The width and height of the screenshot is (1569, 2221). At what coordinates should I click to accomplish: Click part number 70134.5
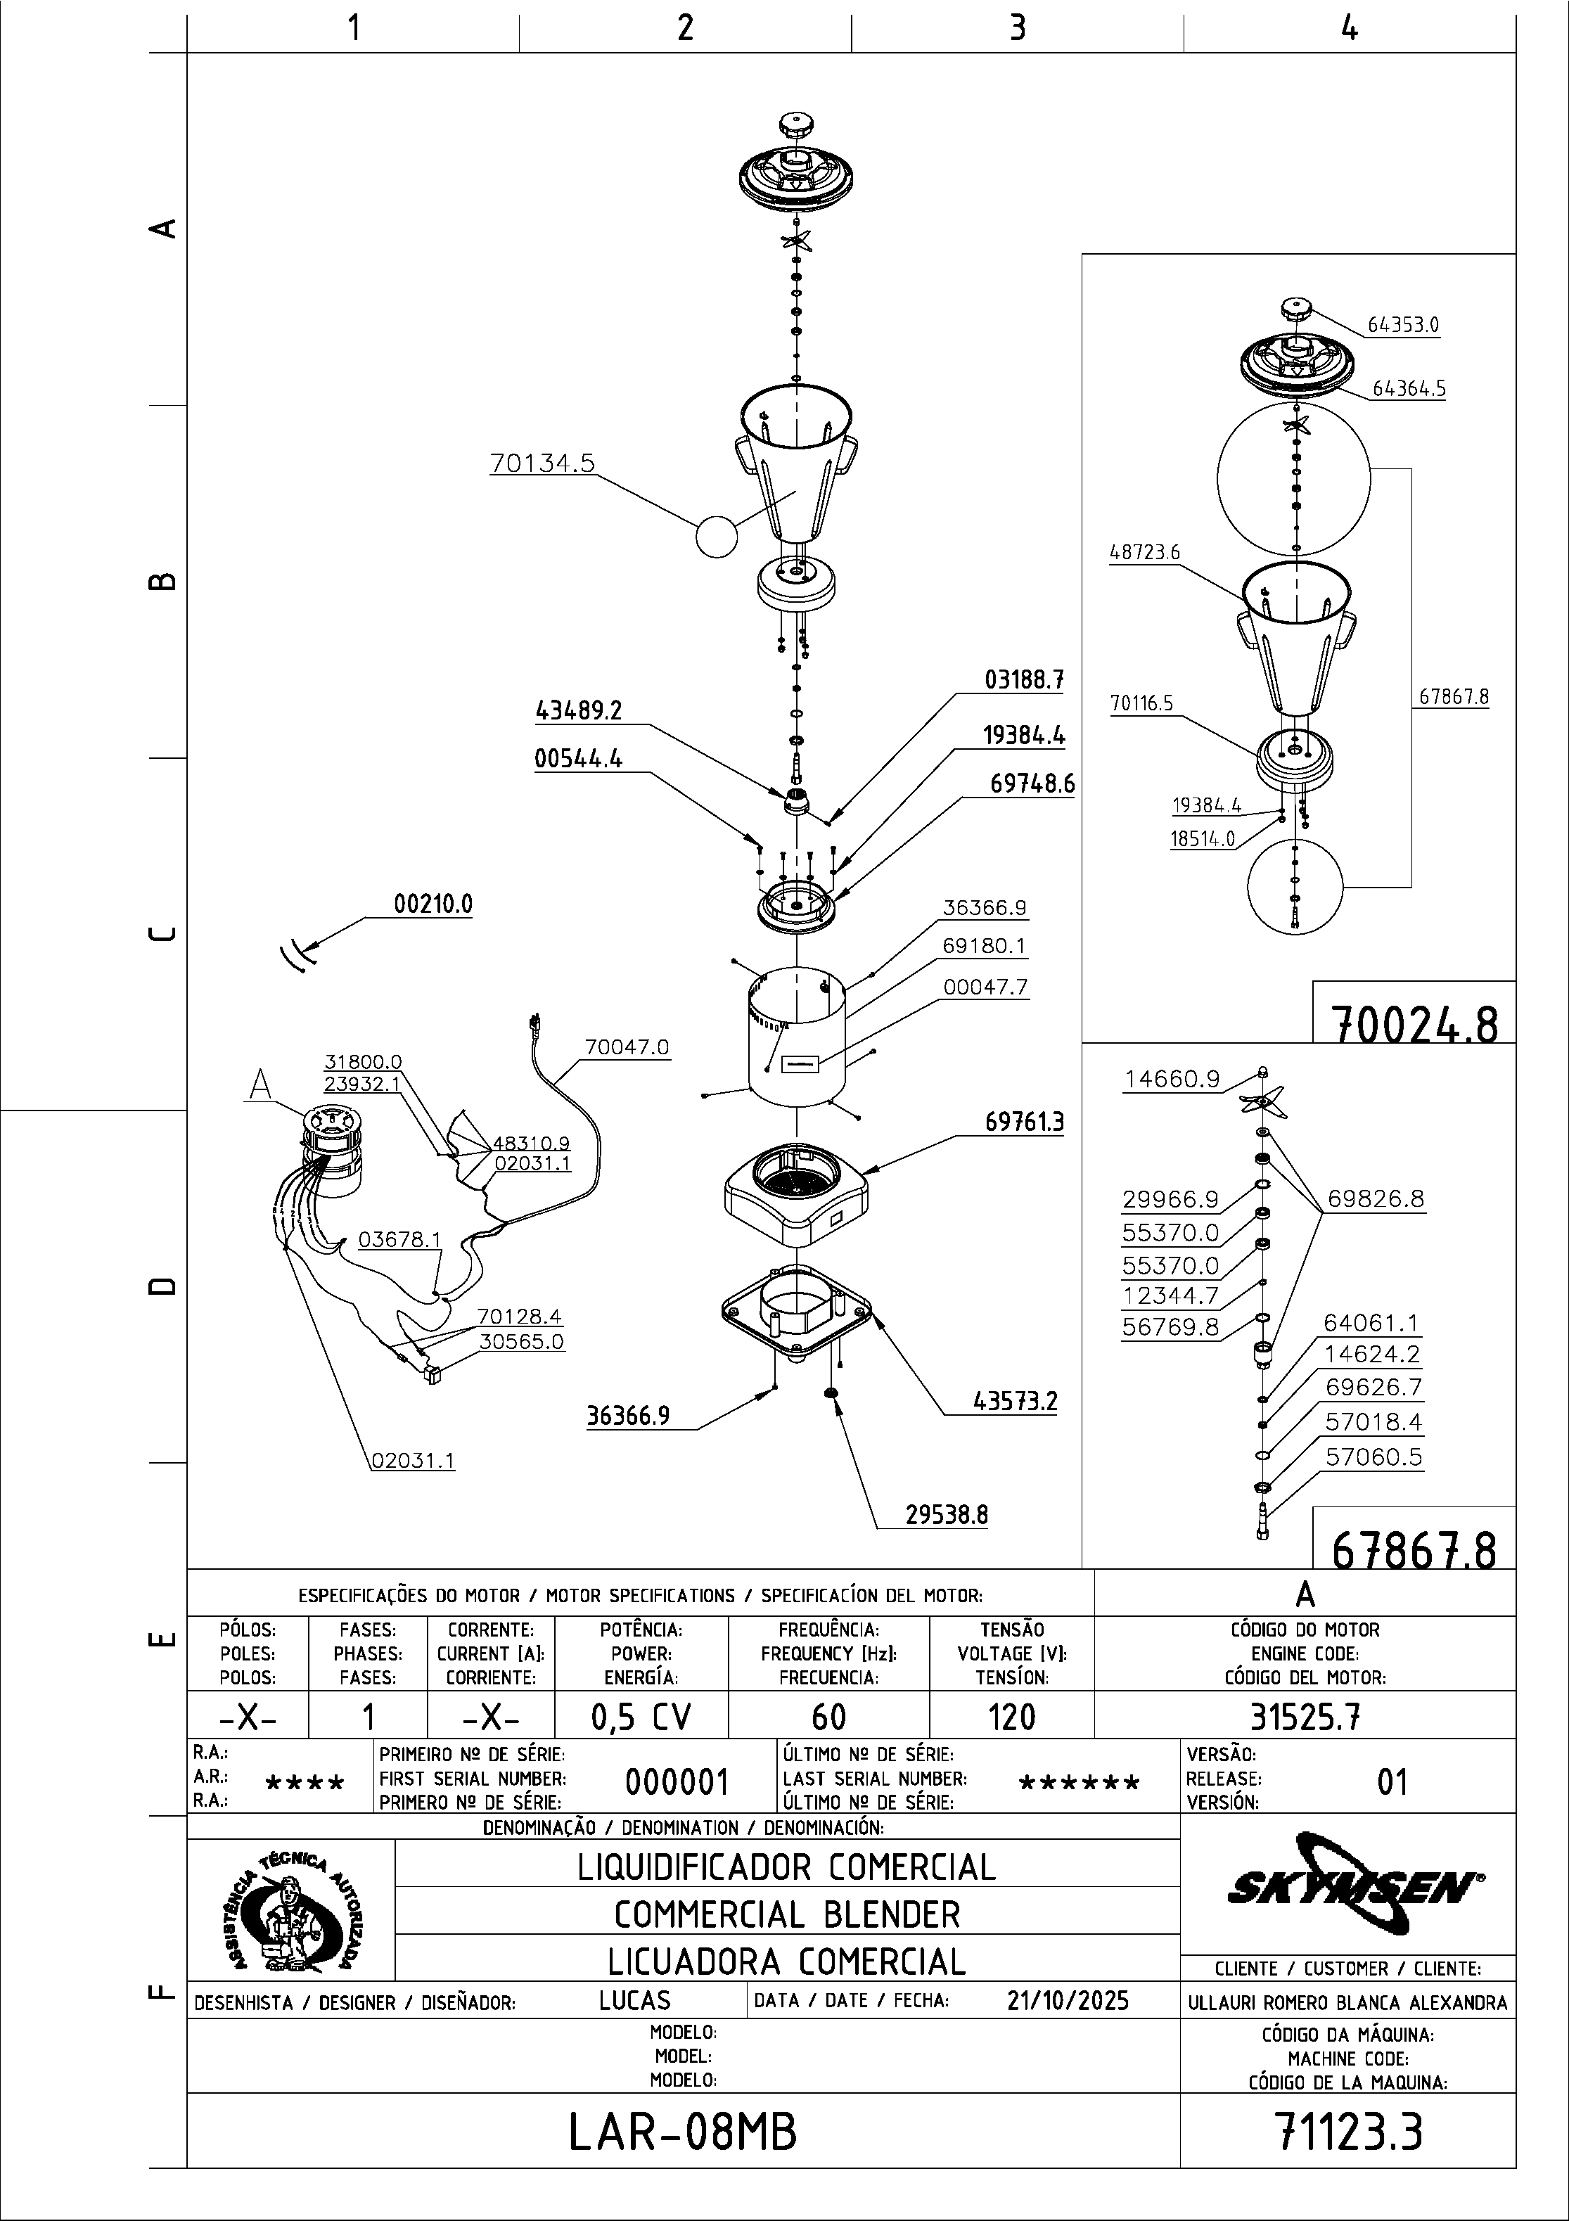click(542, 463)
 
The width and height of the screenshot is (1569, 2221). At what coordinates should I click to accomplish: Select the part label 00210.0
click(433, 904)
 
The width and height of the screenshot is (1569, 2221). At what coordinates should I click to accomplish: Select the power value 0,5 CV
click(641, 1717)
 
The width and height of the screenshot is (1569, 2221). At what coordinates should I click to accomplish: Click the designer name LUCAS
click(634, 2000)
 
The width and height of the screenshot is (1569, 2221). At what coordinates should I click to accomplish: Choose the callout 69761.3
click(1025, 1122)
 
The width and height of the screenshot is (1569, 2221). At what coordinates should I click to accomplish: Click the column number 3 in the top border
click(1017, 28)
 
